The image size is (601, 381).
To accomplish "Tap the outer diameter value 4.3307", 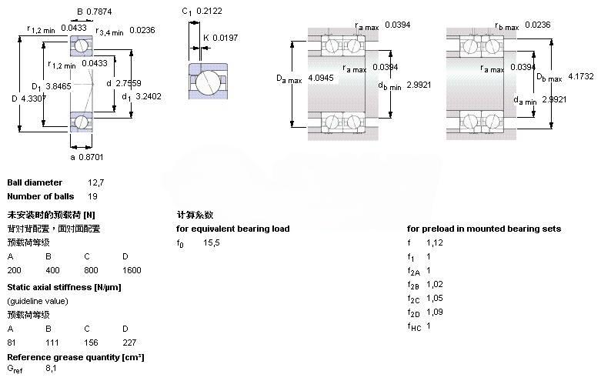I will pos(32,99).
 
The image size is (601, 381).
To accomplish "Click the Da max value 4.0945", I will pos(320,78).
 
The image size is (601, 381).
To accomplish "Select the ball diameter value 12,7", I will pos(95,182).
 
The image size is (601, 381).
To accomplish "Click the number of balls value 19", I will pos(93,196).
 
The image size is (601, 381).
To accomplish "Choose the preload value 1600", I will pos(131,270).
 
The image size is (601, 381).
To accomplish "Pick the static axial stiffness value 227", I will pos(129,342).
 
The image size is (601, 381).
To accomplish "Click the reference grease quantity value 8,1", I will pos(51,369).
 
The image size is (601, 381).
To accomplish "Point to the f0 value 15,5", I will pos(212,242).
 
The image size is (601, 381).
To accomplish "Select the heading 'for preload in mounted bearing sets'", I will pos(484,229).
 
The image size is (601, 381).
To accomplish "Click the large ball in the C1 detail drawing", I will pos(208,82).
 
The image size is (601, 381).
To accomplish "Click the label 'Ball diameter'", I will pos(35,182).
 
